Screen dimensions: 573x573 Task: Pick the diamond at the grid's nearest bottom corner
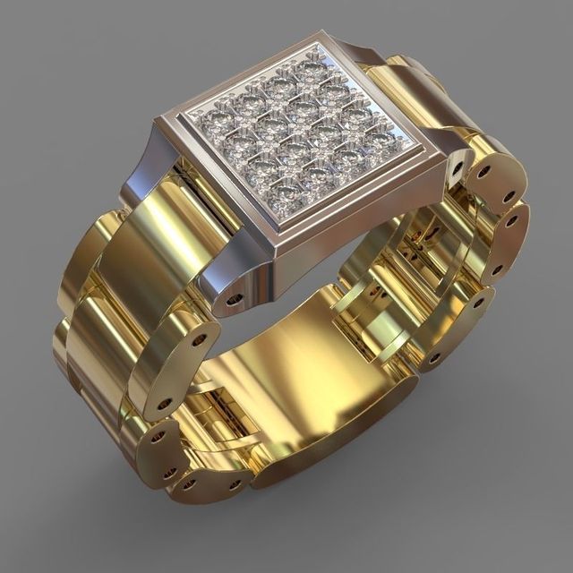(283, 189)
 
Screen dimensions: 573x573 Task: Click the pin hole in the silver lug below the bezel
(236, 296)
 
